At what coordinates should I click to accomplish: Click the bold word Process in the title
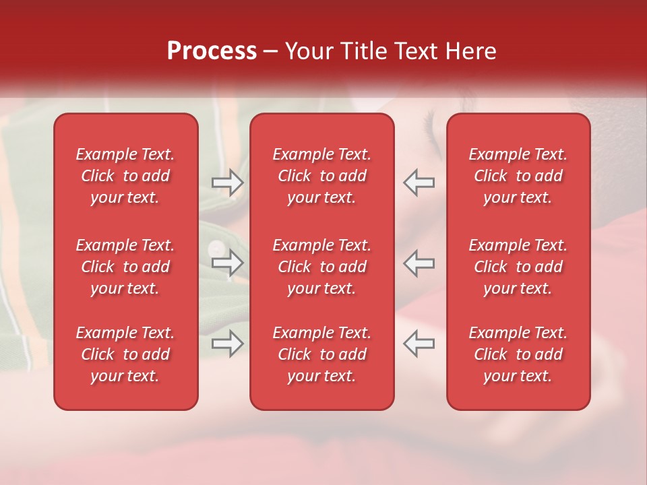(x=212, y=51)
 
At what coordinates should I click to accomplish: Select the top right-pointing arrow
(x=227, y=183)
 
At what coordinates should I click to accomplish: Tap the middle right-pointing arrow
(x=227, y=263)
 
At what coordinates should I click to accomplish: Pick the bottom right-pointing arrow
(x=227, y=343)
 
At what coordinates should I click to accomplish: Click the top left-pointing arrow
(x=419, y=183)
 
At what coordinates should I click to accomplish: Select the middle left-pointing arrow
(x=419, y=263)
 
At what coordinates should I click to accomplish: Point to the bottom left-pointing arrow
(x=419, y=343)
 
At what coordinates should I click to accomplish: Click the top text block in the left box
(x=125, y=176)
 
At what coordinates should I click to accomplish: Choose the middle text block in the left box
(x=125, y=267)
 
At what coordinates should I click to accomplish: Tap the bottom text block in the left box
(x=125, y=354)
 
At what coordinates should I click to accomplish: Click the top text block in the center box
(x=321, y=176)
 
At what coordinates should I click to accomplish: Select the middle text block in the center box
(x=321, y=267)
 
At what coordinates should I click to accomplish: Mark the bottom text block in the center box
(x=321, y=354)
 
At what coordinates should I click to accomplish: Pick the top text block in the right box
(x=518, y=176)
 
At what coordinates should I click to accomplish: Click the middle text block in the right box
(x=518, y=267)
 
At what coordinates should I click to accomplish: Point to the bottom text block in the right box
(x=518, y=354)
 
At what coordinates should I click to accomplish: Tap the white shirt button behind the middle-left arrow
(x=215, y=247)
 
